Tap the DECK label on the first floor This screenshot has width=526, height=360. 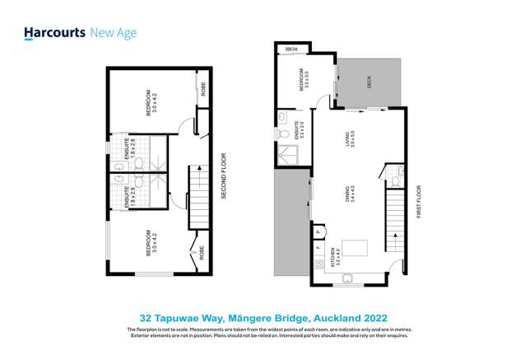368,82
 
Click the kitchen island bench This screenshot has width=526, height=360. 356,247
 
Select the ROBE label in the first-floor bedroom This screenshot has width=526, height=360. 292,49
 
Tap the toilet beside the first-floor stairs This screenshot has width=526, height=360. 396,175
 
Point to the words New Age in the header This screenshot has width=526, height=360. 114,33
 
